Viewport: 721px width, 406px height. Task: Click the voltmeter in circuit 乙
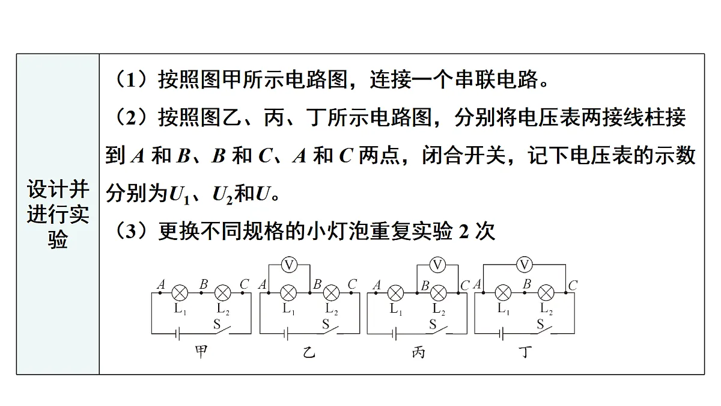[x=289, y=265]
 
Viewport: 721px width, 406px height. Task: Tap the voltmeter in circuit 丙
[x=437, y=265]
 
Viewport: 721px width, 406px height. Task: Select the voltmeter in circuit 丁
[x=525, y=265]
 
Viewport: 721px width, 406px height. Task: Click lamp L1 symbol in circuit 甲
[x=180, y=293]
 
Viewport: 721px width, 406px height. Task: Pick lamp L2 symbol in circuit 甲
[x=223, y=293]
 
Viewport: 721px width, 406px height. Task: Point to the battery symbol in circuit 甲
[x=177, y=334]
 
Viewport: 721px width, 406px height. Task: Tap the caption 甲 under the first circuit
[x=201, y=351]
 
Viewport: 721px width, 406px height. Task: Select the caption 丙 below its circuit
[x=418, y=352]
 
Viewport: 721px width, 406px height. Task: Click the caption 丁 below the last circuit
[x=525, y=352]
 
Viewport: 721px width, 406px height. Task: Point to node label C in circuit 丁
[x=573, y=286]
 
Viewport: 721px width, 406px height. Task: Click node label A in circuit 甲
[x=161, y=285]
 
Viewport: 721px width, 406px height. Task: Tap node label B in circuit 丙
[x=425, y=286]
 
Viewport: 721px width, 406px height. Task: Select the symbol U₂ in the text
[x=223, y=195]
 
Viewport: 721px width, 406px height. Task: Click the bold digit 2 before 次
[x=463, y=232]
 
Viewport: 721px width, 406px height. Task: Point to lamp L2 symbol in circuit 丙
[x=439, y=293]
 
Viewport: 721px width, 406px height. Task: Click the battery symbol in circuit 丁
[x=501, y=334]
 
